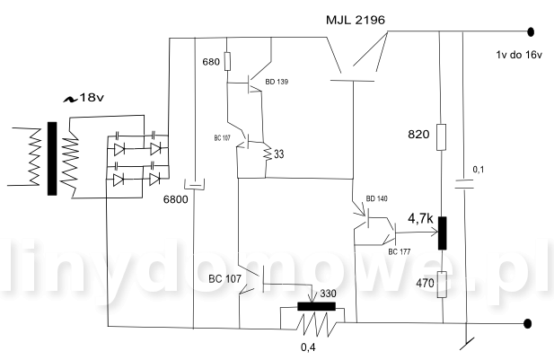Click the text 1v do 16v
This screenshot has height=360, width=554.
tap(520, 55)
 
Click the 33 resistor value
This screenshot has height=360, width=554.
tap(278, 154)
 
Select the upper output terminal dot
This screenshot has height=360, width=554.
tap(532, 32)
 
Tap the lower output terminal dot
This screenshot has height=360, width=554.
tap(532, 323)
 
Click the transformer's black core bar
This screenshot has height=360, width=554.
tap(51, 156)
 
